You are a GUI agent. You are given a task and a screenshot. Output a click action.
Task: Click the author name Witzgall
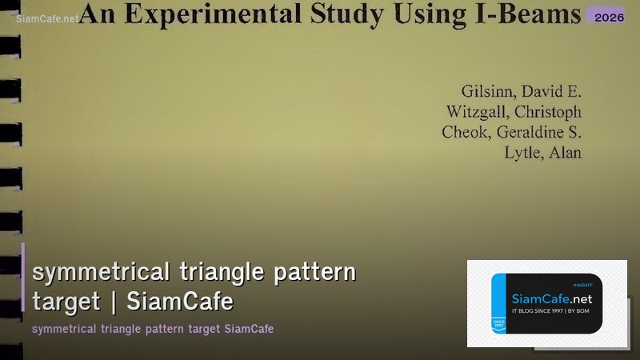click(x=479, y=111)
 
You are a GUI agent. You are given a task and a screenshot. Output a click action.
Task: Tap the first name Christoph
click(x=549, y=111)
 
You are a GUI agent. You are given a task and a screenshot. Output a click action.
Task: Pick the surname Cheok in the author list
click(x=463, y=132)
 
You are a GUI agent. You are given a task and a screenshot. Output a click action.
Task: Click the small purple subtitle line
click(x=153, y=329)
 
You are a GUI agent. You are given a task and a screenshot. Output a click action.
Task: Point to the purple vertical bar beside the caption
click(x=23, y=277)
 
